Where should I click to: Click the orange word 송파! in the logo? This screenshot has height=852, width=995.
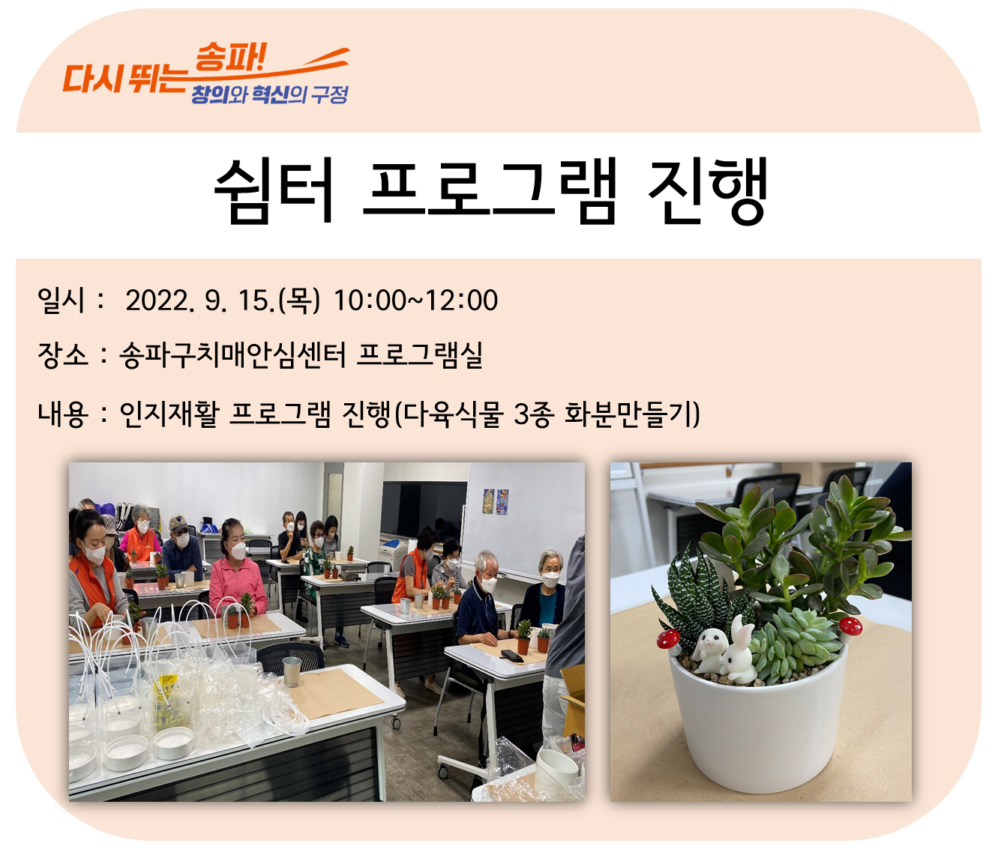pos(230,57)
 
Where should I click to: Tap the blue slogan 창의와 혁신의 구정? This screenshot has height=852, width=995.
pos(269,94)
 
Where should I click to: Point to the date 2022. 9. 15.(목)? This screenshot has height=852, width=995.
pos(223,300)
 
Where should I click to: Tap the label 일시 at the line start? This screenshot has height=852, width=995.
pos(61,300)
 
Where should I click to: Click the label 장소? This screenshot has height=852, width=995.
pos(62,355)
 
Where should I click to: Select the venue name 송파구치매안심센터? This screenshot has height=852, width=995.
pos(233,355)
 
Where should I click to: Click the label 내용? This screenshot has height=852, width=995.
pos(62,414)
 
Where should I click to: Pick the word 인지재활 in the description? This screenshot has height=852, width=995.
pos(169,414)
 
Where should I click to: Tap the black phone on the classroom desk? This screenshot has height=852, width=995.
pos(511,655)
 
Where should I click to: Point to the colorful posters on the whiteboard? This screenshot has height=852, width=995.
pos(496,501)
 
